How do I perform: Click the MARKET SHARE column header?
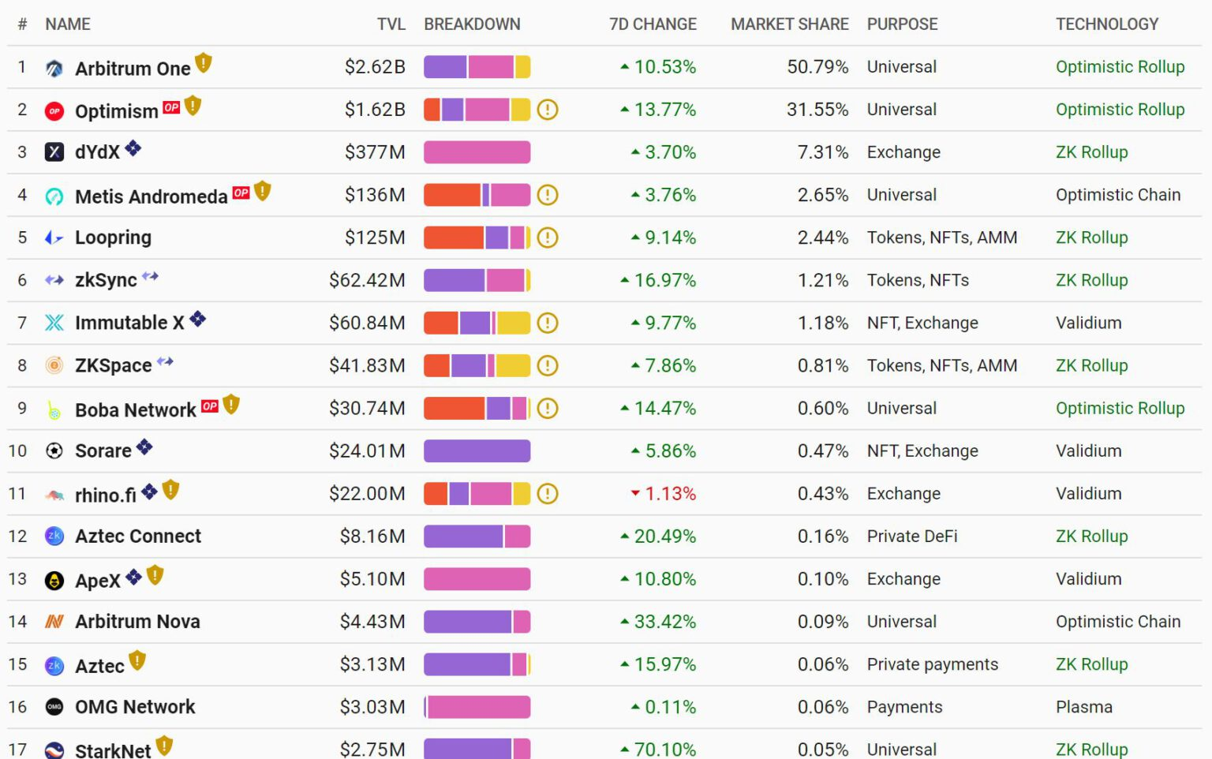click(789, 24)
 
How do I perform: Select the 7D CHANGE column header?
click(653, 24)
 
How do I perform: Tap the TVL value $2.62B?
click(375, 67)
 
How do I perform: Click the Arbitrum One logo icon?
click(54, 69)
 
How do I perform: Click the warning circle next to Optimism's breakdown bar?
click(548, 110)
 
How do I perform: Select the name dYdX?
click(97, 152)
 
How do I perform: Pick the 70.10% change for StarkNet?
click(664, 749)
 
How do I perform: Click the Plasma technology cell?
click(1083, 707)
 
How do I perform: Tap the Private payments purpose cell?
click(932, 664)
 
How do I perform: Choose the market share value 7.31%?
click(823, 152)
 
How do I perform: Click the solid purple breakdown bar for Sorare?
click(477, 451)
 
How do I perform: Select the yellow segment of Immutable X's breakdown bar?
click(514, 323)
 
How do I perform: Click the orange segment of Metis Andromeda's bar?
click(451, 195)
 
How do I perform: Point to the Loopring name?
click(113, 237)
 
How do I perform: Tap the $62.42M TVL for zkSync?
click(367, 280)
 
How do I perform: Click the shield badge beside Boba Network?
click(231, 405)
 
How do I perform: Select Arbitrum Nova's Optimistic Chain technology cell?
click(1117, 622)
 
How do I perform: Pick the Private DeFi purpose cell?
click(911, 537)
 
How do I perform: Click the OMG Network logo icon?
click(54, 707)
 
